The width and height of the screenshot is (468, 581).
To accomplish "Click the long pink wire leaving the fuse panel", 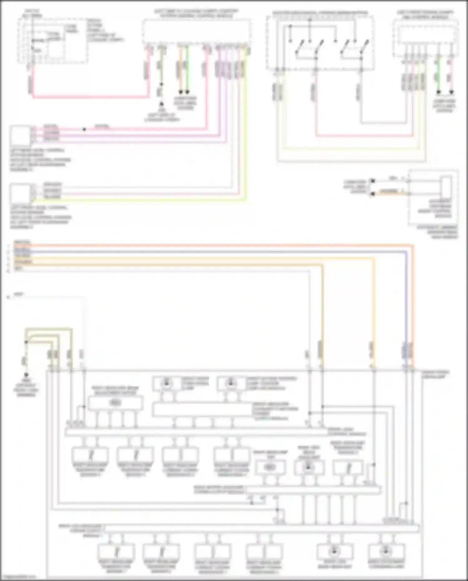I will [x=90, y=97].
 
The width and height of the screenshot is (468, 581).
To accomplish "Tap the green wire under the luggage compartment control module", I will [x=187, y=69].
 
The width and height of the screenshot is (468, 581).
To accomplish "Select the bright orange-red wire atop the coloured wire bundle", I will [x=218, y=246].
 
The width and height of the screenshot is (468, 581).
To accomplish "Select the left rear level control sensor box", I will [x=21, y=135].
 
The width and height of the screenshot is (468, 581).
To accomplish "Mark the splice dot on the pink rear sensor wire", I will [x=84, y=129].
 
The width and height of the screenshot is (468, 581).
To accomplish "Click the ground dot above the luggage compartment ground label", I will [x=161, y=104].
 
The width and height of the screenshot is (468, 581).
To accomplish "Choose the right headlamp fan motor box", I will [x=270, y=467].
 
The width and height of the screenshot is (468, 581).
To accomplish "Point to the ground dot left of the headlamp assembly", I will [x=26, y=374].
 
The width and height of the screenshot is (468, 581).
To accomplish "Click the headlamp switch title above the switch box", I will [x=320, y=13].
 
